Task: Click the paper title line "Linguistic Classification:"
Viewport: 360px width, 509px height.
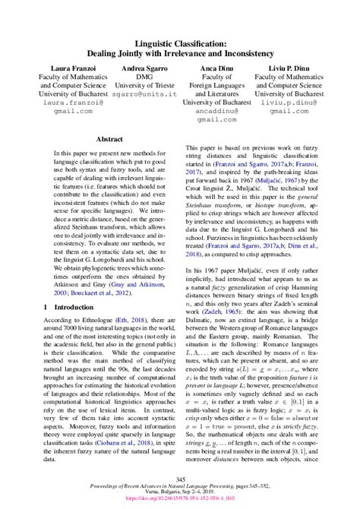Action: [x=180, y=46]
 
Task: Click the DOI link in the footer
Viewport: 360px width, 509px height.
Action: [x=180, y=502]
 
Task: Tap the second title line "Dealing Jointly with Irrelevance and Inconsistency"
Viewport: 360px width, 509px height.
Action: [x=180, y=55]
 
